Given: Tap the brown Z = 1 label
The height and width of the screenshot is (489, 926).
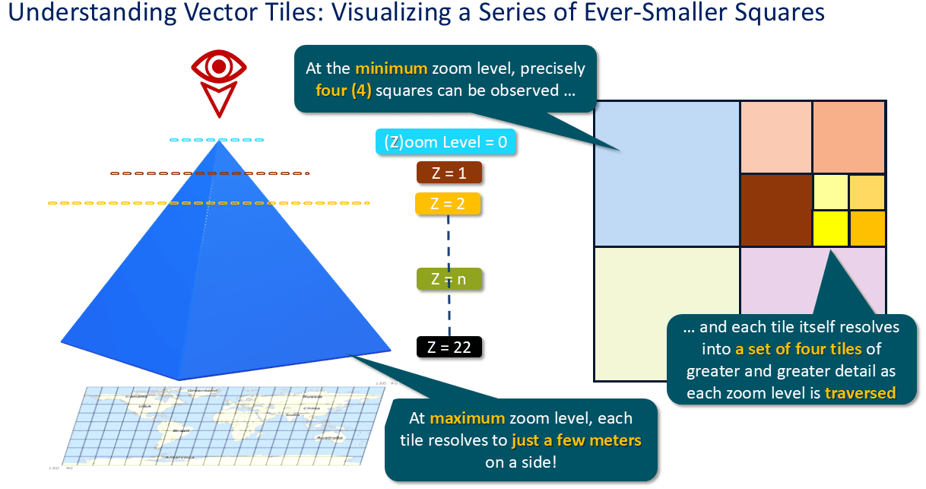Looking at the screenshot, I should tap(449, 173).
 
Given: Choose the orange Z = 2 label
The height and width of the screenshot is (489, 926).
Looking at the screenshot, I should tap(448, 204).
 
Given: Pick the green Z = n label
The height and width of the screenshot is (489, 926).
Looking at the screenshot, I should tap(449, 279).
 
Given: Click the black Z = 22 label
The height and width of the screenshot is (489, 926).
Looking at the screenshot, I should tap(449, 348).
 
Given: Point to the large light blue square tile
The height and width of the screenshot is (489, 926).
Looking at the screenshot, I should tap(667, 173).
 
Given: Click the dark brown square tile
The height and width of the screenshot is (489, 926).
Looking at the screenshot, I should tap(775, 210).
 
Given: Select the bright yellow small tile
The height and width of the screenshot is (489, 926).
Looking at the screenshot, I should tap(830, 228).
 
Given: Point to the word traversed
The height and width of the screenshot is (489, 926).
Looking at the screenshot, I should tap(860, 393).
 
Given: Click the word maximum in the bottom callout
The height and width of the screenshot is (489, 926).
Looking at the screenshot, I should tap(466, 418).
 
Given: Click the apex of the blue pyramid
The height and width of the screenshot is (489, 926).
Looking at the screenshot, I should tap(218, 142).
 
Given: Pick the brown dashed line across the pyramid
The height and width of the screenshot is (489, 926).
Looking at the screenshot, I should tap(209, 173).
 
